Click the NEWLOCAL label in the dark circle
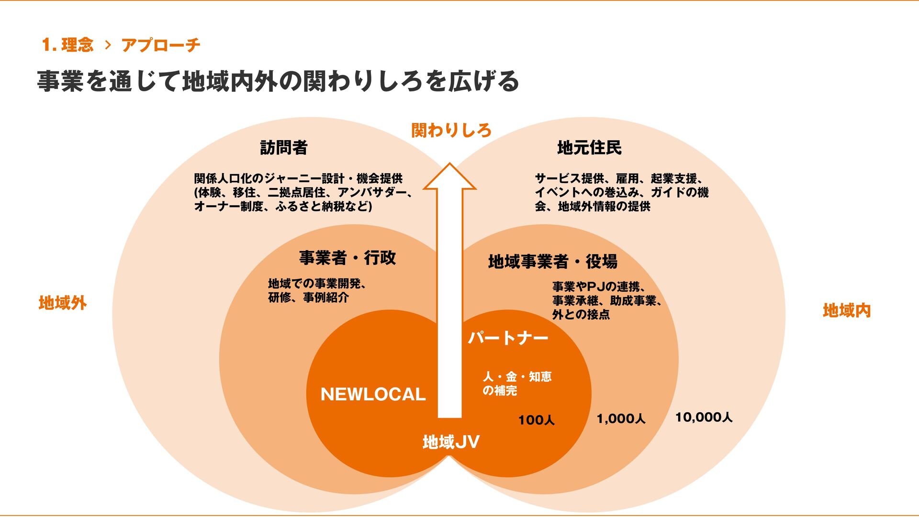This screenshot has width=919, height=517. pyautogui.click(x=373, y=394)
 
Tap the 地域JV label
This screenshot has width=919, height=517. pyautogui.click(x=451, y=442)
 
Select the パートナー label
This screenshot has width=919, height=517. pyautogui.click(x=508, y=338)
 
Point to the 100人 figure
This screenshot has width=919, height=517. pyautogui.click(x=536, y=420)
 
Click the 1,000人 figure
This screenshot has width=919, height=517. pyautogui.click(x=621, y=419)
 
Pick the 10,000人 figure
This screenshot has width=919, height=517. pyautogui.click(x=704, y=418)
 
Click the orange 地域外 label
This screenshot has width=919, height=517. pyautogui.click(x=63, y=303)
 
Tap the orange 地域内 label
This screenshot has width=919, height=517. pyautogui.click(x=846, y=311)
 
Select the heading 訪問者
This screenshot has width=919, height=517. pyautogui.click(x=284, y=148)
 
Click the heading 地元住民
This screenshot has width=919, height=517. pyautogui.click(x=589, y=148)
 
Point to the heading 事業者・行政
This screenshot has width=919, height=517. pyautogui.click(x=347, y=258)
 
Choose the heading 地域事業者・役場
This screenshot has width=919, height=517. pyautogui.click(x=553, y=262)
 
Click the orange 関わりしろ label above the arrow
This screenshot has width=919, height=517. pyautogui.click(x=451, y=130)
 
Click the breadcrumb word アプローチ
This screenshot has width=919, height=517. pyautogui.click(x=161, y=45)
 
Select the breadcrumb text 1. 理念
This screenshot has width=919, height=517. pyautogui.click(x=67, y=45)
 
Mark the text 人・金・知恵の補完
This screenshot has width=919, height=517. pyautogui.click(x=516, y=384)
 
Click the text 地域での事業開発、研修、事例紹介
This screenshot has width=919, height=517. pyautogui.click(x=317, y=290)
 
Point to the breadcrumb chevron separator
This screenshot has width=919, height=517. pyautogui.click(x=108, y=45)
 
